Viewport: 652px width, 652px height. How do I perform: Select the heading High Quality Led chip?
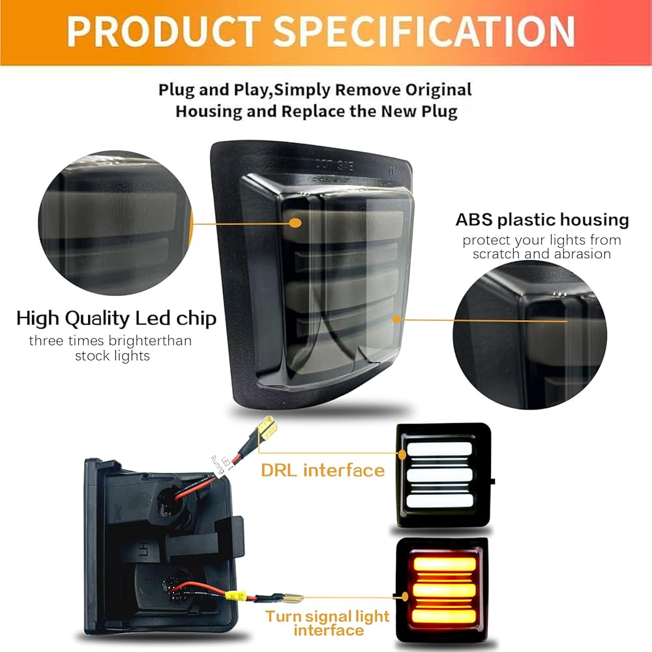(x=116, y=319)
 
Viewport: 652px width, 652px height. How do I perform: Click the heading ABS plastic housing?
(x=542, y=220)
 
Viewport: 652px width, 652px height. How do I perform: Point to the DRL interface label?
(x=323, y=469)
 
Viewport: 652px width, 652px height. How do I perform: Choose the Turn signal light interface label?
(x=327, y=623)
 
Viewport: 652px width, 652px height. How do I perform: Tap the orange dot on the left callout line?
(x=295, y=222)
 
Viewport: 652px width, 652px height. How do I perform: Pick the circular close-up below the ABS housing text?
(x=533, y=335)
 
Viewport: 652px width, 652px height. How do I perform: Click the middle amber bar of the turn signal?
(x=439, y=591)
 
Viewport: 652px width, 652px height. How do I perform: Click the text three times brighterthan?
(x=110, y=340)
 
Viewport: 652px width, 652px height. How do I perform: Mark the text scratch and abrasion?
(x=542, y=254)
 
